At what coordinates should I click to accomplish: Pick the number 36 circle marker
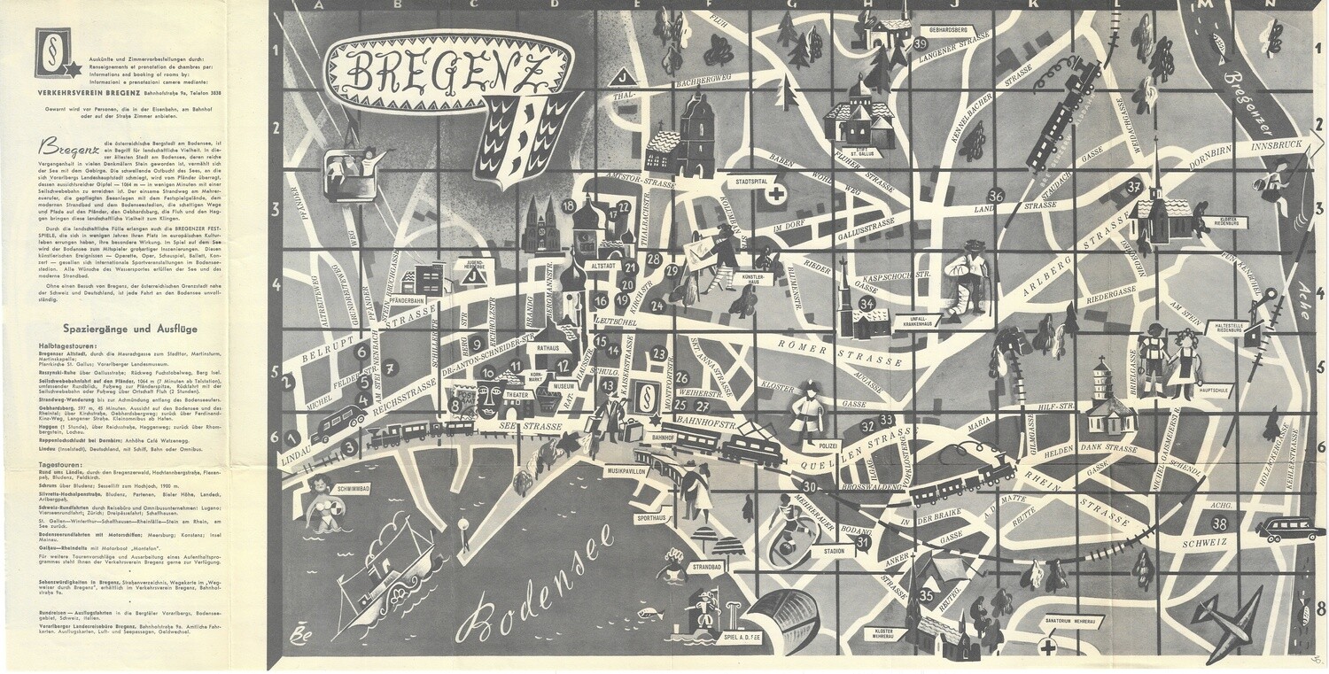pyautogui.click(x=997, y=196)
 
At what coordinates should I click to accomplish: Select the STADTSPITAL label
pyautogui.click(x=745, y=181)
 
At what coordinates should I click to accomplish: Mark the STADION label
pyautogui.click(x=833, y=551)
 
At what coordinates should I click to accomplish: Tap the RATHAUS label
pyautogui.click(x=549, y=348)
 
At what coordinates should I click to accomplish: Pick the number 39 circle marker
pyautogui.click(x=921, y=43)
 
